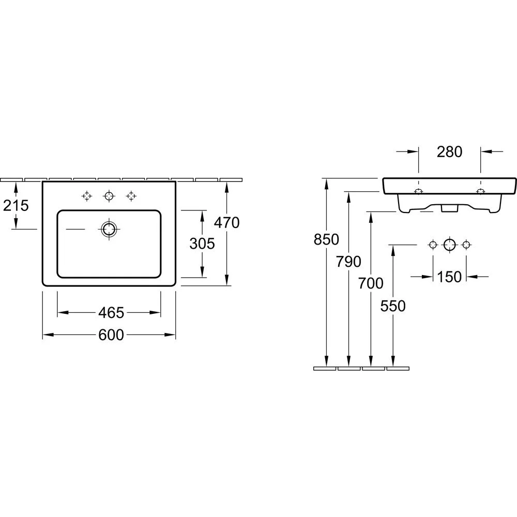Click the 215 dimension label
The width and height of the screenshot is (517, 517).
coord(16,206)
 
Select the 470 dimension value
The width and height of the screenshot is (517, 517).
coord(227,223)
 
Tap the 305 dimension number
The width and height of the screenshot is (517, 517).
coord(202,244)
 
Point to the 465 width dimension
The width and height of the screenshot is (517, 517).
coord(111,313)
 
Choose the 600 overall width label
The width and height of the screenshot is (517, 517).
coord(111,335)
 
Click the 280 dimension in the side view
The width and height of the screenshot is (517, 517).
coord(449,151)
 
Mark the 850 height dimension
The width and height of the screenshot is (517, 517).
coord(326,240)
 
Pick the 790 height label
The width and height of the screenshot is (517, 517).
coord(349,262)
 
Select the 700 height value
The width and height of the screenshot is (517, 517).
coord(371,283)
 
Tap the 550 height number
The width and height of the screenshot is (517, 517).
coord(393,306)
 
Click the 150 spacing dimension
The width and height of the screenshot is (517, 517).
coord(449,277)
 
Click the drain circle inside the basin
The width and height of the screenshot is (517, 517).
coord(109,229)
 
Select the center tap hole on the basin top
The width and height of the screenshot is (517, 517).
coord(109,196)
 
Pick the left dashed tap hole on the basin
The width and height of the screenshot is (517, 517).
coord(87,196)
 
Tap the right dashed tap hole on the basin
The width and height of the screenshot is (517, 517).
coord(131,196)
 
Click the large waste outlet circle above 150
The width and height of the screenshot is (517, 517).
coord(449,245)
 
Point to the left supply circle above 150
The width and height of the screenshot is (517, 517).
coord(433,245)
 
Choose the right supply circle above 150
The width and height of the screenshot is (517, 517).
coord(466,245)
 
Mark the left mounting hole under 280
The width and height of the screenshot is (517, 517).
coord(419,192)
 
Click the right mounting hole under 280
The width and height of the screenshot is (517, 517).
coord(480,192)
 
